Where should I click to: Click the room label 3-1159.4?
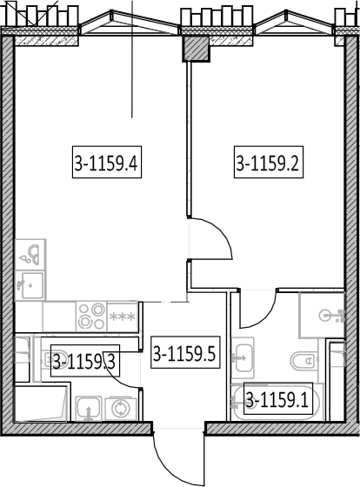tap(107, 162)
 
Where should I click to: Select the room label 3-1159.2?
tap(269, 162)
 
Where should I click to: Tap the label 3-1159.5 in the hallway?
tap(185, 352)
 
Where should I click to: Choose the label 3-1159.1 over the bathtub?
tap(278, 398)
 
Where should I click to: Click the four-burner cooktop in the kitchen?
tap(91, 317)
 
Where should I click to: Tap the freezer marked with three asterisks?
tap(123, 317)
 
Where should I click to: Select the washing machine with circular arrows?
tap(121, 409)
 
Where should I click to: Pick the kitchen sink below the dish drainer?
tap(30, 285)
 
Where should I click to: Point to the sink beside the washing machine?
tap(89, 409)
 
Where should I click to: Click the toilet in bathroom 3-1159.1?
tap(303, 361)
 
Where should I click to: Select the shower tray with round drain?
tap(322, 315)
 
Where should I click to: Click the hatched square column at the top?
tap(195, 49)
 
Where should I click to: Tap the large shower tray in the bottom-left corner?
tap(41, 404)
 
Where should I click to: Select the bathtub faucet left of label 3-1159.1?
tap(236, 402)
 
